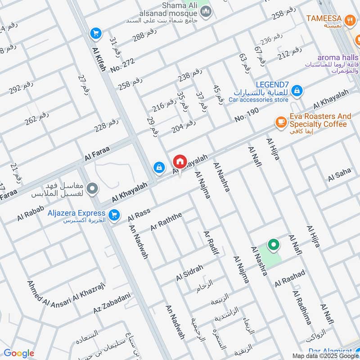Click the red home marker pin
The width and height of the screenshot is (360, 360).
tap(180, 162)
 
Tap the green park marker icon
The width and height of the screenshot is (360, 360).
tap(273, 245)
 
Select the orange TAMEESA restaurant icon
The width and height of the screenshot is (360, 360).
tap(349, 19)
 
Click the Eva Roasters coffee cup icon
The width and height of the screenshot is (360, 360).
tap(281, 122)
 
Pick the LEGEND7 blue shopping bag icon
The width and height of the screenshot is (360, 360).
tap(297, 92)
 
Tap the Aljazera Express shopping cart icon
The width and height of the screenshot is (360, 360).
tap(114, 215)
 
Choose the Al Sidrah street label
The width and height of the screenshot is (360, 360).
tap(190, 273)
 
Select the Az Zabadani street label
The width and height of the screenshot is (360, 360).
tap(112, 304)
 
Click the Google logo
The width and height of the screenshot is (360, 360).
tap(19, 353)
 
